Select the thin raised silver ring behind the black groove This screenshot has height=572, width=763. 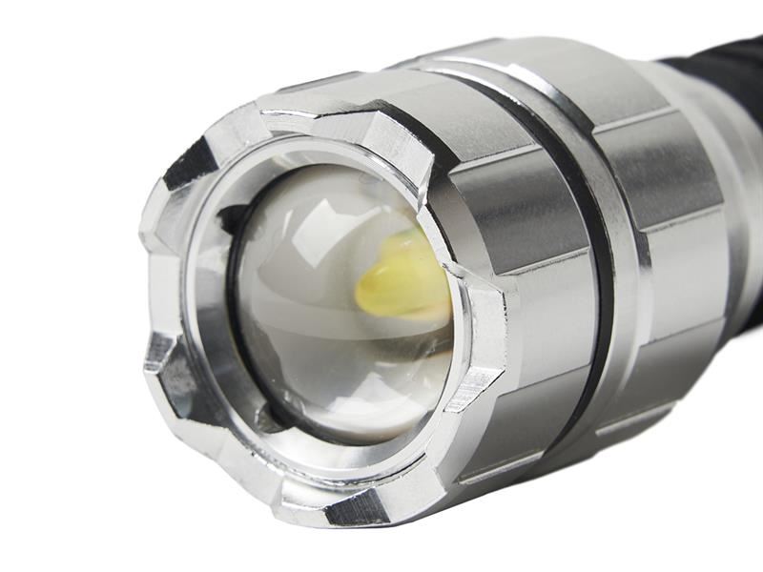625,238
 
